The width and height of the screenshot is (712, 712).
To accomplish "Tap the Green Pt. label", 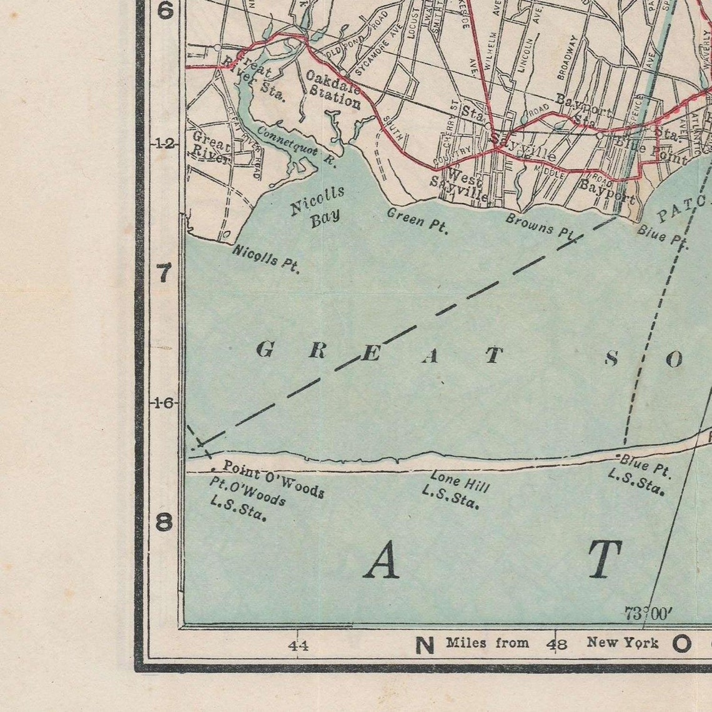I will [x=417, y=220].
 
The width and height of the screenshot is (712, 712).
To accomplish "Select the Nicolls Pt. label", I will [x=266, y=259].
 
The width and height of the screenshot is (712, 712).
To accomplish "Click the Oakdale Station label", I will [x=333, y=89].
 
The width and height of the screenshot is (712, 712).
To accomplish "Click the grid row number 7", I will [x=164, y=273].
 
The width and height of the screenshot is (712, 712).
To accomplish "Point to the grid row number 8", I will [x=164, y=522].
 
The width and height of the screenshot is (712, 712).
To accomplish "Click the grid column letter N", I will [x=425, y=645].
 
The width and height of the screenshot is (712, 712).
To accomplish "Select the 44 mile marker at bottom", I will [x=298, y=645].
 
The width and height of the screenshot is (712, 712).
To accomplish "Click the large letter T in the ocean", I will [x=604, y=560].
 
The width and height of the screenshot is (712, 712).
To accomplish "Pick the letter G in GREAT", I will [x=265, y=350].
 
